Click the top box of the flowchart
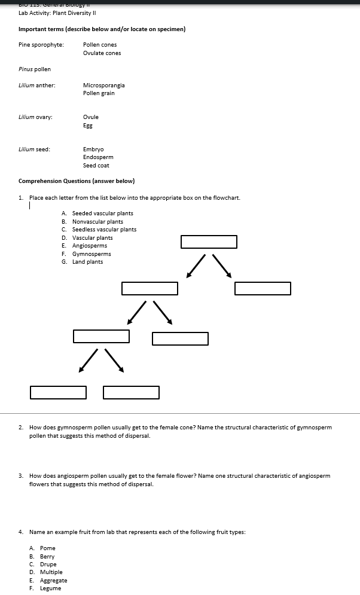(x=209, y=242)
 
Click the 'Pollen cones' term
(x=100, y=45)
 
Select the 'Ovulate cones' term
(x=102, y=53)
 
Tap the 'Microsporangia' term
(x=103, y=86)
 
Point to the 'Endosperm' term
(x=98, y=157)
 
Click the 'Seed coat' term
(x=96, y=166)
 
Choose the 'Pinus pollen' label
(x=35, y=69)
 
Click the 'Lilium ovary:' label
(x=35, y=117)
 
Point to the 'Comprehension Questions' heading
(x=77, y=181)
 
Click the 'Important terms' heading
(x=102, y=29)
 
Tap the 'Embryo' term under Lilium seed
(x=93, y=149)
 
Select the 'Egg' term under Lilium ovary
(x=88, y=126)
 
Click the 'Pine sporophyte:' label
(x=41, y=45)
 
